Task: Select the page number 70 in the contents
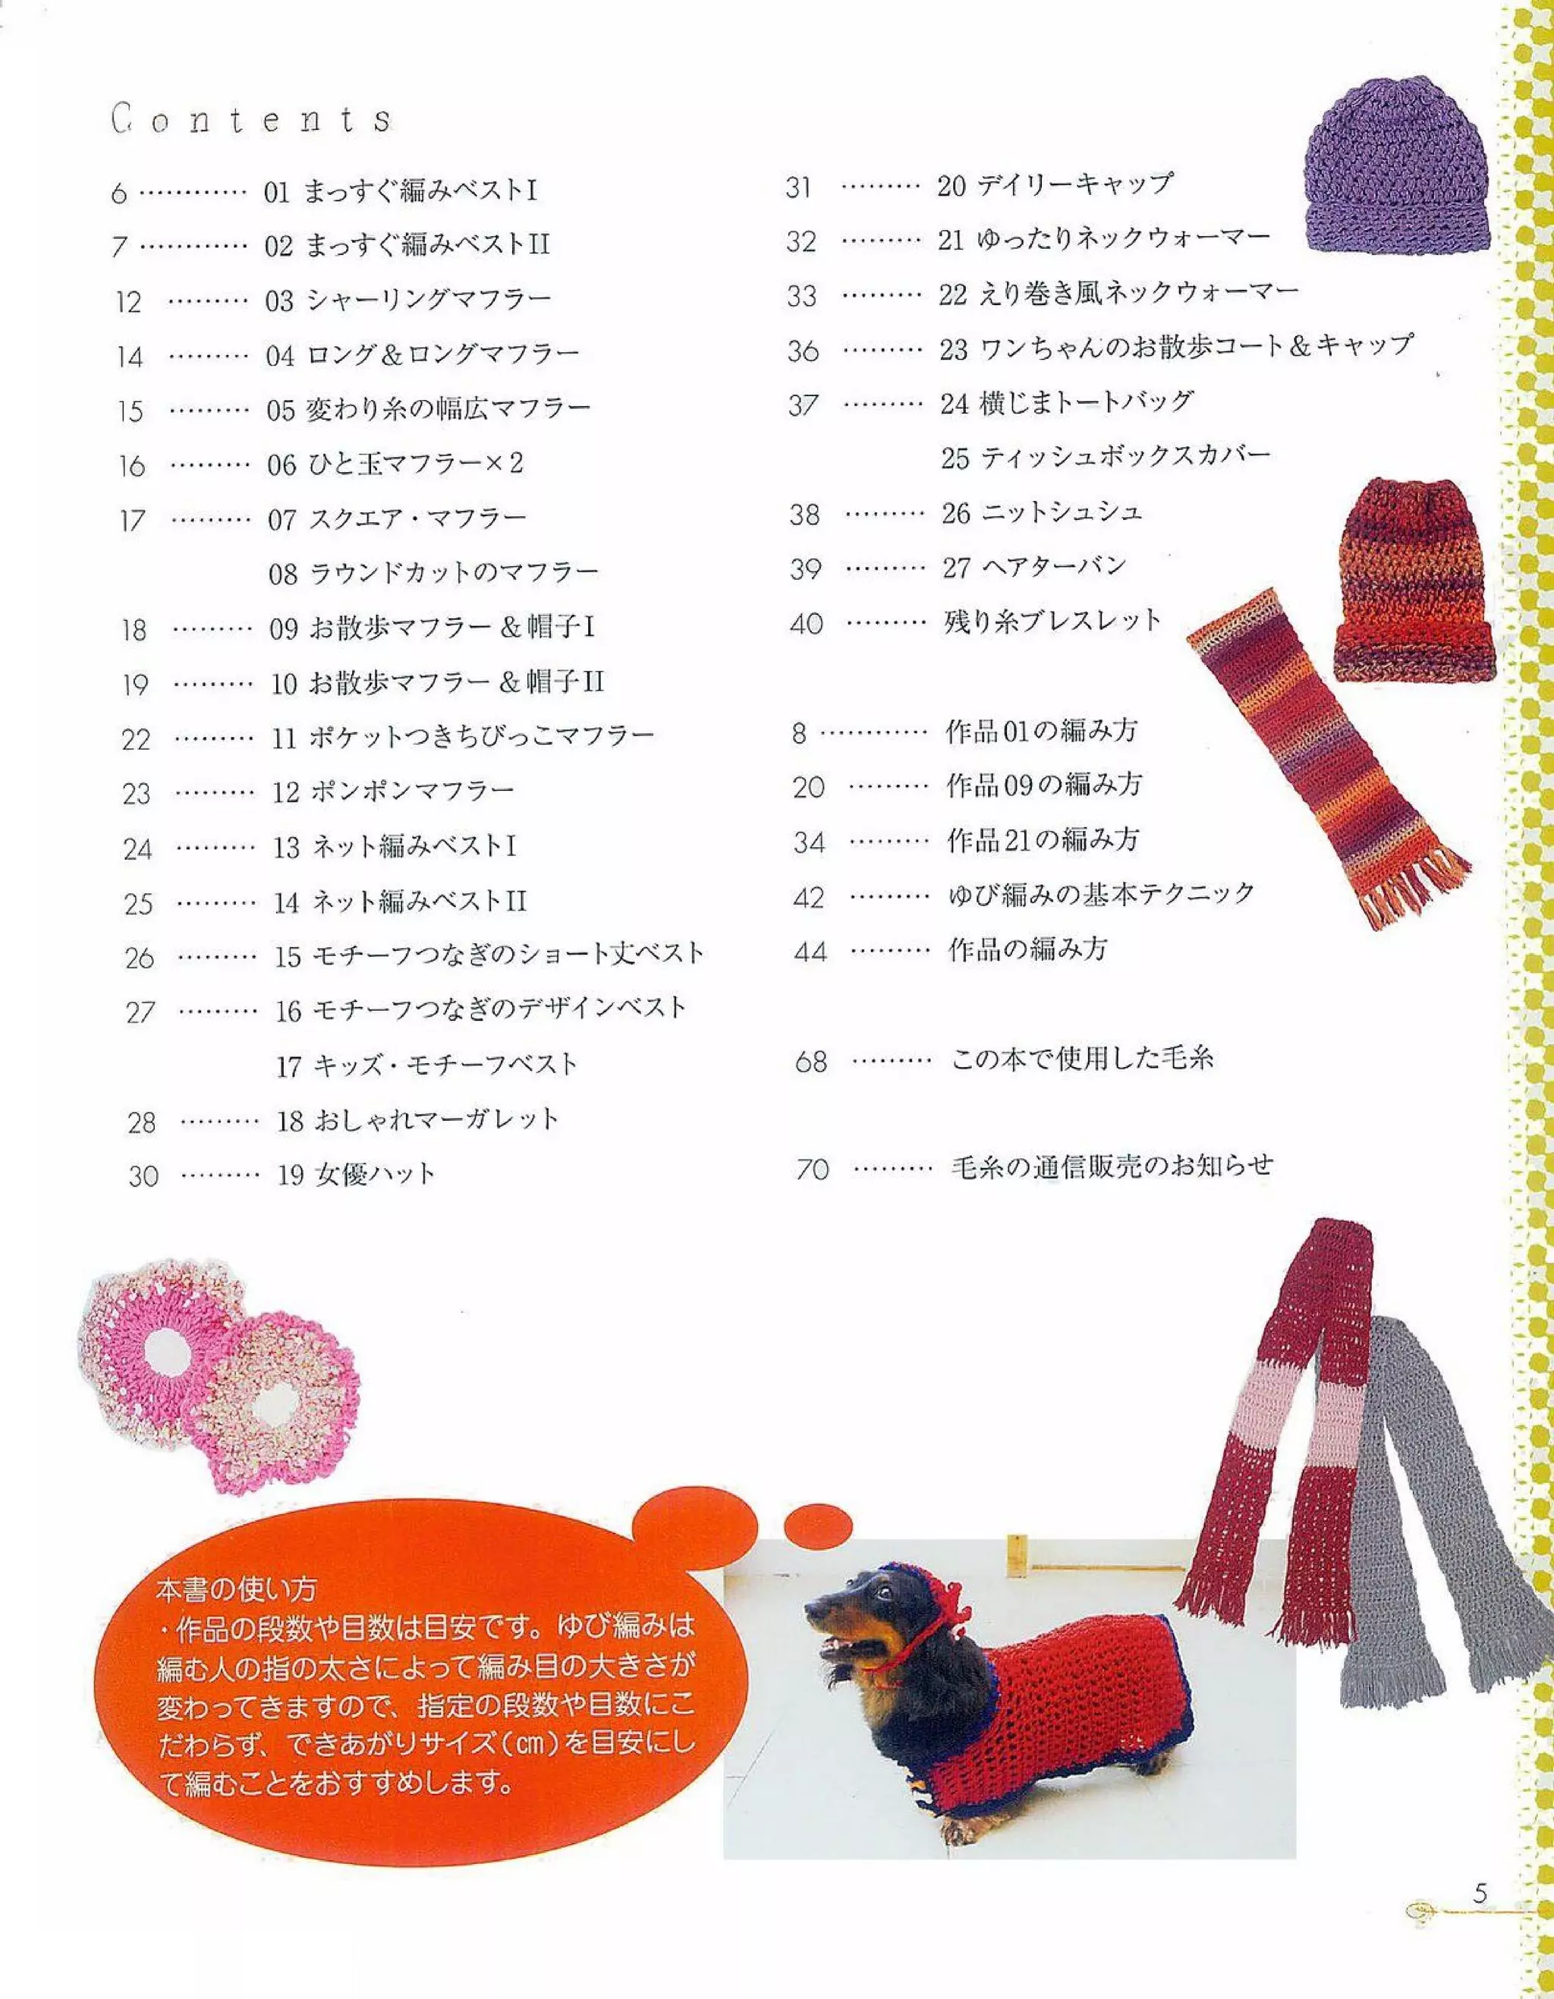[x=812, y=1169]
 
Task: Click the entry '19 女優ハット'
[x=357, y=1174]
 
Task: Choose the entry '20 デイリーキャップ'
[x=1053, y=186]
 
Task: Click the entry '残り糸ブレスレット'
[x=1052, y=622]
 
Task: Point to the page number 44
[x=810, y=952]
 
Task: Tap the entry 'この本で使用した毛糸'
[x=1082, y=1061]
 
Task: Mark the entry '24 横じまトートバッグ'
[x=1066, y=403]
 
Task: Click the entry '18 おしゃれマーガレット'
[x=417, y=1120]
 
